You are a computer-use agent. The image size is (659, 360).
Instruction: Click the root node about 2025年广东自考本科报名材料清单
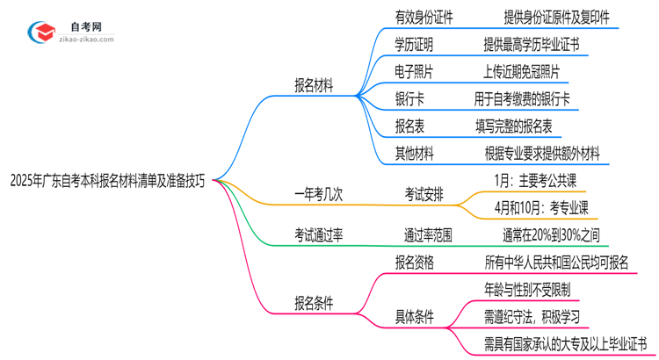click(108, 182)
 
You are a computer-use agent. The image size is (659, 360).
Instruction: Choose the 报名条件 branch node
click(319, 303)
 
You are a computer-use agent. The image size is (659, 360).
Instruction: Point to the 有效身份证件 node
click(411, 16)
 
